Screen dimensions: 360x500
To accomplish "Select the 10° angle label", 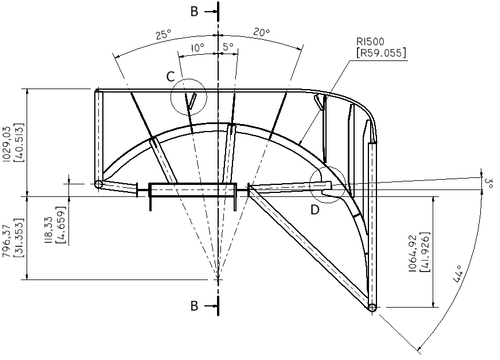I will click(196, 47).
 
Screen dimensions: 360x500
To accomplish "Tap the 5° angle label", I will click(228, 47).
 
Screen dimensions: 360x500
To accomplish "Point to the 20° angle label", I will click(262, 31).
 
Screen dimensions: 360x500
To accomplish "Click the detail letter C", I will click(171, 76).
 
